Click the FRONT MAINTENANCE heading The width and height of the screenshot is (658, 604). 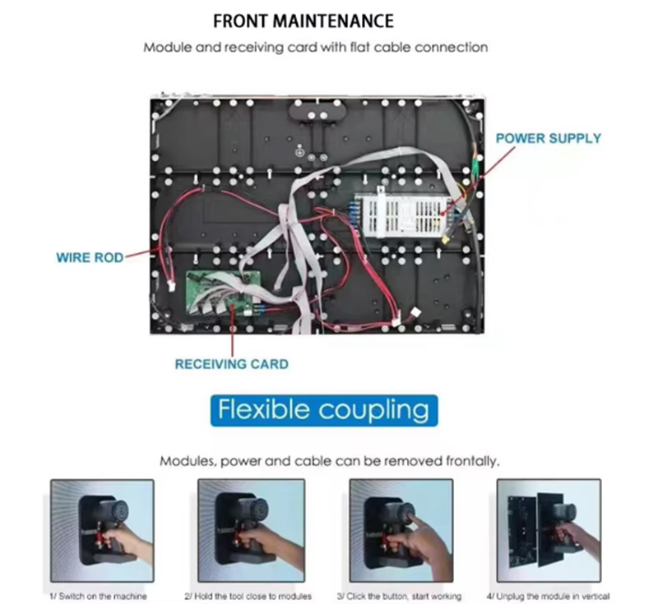coord(303,21)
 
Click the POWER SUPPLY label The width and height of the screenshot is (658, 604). coord(548,138)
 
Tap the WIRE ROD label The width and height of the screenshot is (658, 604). coord(90,257)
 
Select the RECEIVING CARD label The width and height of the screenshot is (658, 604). coord(231,363)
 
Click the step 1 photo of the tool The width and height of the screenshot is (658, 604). coord(102,530)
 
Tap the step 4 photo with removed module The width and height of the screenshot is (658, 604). coord(549,530)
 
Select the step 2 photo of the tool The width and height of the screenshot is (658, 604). coord(251,530)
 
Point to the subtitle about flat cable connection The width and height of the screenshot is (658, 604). coord(315,47)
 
